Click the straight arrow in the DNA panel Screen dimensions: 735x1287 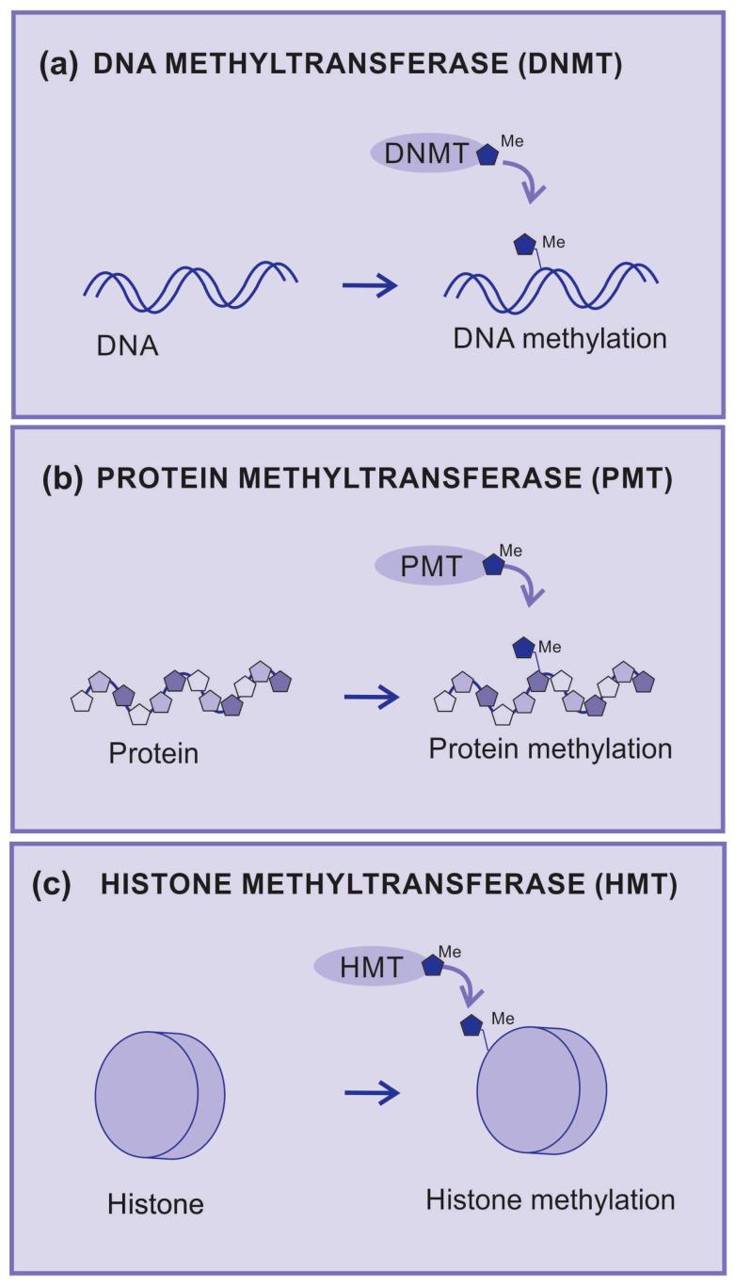tap(370, 285)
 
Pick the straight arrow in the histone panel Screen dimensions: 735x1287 tap(372, 1093)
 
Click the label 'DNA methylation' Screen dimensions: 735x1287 tap(559, 339)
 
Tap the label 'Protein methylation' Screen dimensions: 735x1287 tap(551, 749)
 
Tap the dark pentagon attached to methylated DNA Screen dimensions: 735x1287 tap(524, 245)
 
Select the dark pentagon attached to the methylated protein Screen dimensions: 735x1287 tap(523, 648)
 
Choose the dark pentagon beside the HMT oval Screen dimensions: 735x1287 tap(432, 965)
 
